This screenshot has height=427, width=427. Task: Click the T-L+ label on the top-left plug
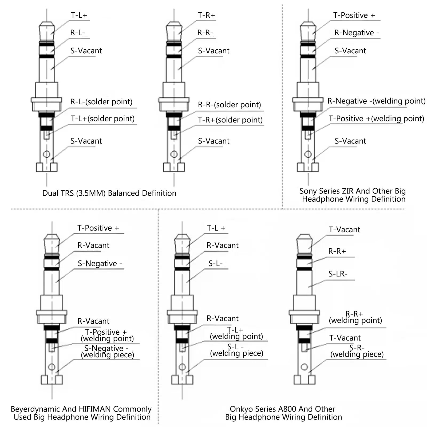tap(79, 15)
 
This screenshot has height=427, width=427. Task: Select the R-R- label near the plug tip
tap(205, 33)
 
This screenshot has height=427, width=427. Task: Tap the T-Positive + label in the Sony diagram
tap(354, 15)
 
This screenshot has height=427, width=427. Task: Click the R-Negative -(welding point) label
tap(376, 101)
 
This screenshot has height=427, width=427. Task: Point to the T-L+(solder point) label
tap(102, 119)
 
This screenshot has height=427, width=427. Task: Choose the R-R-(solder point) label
tap(229, 105)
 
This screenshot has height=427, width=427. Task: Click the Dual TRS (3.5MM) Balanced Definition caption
tap(109, 193)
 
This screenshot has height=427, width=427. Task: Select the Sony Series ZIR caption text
tap(353, 195)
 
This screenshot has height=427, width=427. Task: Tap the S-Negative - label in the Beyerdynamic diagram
tap(100, 264)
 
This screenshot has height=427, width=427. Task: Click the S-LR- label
tap(338, 274)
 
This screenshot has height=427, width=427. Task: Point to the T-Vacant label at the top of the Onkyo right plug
tap(344, 230)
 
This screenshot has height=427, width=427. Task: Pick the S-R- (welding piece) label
tap(357, 351)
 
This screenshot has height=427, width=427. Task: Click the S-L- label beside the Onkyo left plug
tap(215, 264)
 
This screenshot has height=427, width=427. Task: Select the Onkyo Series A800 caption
tap(283, 413)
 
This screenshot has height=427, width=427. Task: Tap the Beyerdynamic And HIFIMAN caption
tap(81, 413)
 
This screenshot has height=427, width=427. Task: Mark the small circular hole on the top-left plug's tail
tap(46, 154)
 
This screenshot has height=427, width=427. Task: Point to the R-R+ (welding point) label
tap(355, 317)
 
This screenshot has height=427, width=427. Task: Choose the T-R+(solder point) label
tap(230, 120)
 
